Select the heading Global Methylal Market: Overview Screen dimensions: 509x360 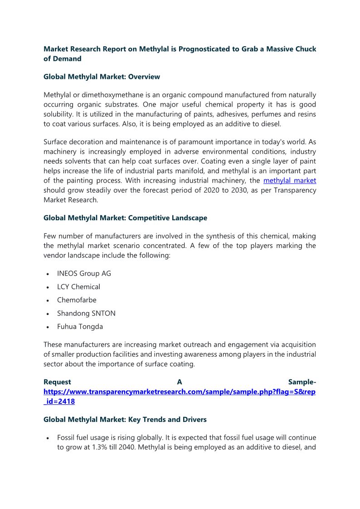pos(102,77)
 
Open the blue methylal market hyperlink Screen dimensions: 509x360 pos(290,180)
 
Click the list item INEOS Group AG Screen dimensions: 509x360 pos(84,273)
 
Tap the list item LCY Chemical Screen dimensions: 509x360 pos(78,286)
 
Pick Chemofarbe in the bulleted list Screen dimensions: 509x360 pos(77,300)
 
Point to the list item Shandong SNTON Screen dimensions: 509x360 pos(86,313)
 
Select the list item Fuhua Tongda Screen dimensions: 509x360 pos(80,326)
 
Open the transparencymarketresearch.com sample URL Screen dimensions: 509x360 pos(179,391)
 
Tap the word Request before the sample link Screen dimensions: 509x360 pos(57,382)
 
